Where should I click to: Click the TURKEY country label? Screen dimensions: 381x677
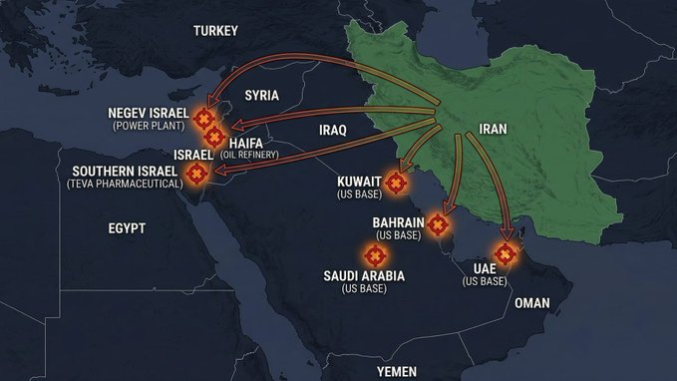pyautogui.click(x=215, y=31)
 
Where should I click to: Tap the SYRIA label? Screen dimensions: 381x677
pyautogui.click(x=262, y=96)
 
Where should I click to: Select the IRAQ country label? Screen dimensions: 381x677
pyautogui.click(x=332, y=131)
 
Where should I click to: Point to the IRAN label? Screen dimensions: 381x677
pyautogui.click(x=493, y=129)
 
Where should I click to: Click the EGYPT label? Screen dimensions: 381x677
pyautogui.click(x=127, y=228)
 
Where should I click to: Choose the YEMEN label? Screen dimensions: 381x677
pyautogui.click(x=396, y=371)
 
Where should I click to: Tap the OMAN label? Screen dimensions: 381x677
pyautogui.click(x=531, y=302)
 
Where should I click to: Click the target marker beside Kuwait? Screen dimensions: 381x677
pyautogui.click(x=397, y=184)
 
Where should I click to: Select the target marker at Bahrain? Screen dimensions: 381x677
pyautogui.click(x=437, y=223)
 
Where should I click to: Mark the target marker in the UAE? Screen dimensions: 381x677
pyautogui.click(x=507, y=254)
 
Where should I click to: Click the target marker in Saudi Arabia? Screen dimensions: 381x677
pyautogui.click(x=374, y=253)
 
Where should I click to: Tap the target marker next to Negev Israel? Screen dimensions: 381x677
pyautogui.click(x=207, y=119)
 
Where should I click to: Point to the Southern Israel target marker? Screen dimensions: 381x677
pyautogui.click(x=197, y=174)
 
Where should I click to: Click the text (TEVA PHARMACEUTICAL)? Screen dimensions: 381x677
pyautogui.click(x=125, y=185)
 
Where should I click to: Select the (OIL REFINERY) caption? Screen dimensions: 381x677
pyautogui.click(x=249, y=155)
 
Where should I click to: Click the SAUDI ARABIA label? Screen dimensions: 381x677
pyautogui.click(x=364, y=275)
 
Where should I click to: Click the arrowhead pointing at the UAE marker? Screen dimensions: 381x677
pyautogui.click(x=508, y=236)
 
